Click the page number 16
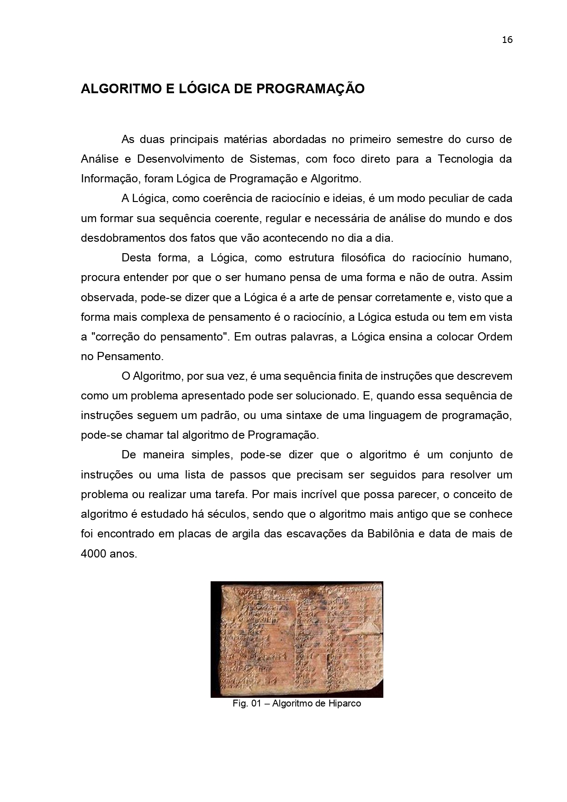click(x=507, y=40)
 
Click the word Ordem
click(x=495, y=337)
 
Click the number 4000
click(x=94, y=554)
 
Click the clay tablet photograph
click(x=297, y=639)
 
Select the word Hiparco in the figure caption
click(x=344, y=703)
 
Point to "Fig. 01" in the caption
click(x=246, y=703)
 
